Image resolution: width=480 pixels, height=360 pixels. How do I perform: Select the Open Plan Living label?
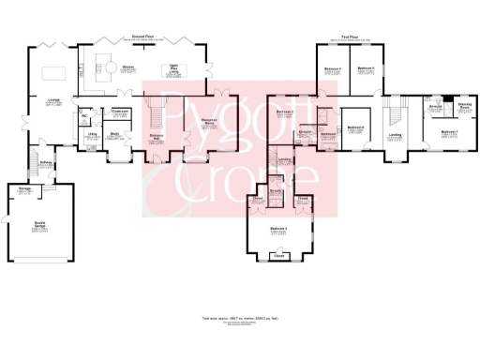click(173, 68)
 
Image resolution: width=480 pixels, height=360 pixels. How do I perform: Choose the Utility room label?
click(93, 136)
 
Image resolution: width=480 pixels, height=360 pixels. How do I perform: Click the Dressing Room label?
click(464, 109)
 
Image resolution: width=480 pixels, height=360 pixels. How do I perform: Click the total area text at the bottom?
click(239, 320)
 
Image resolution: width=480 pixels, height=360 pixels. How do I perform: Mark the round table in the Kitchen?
click(108, 69)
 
